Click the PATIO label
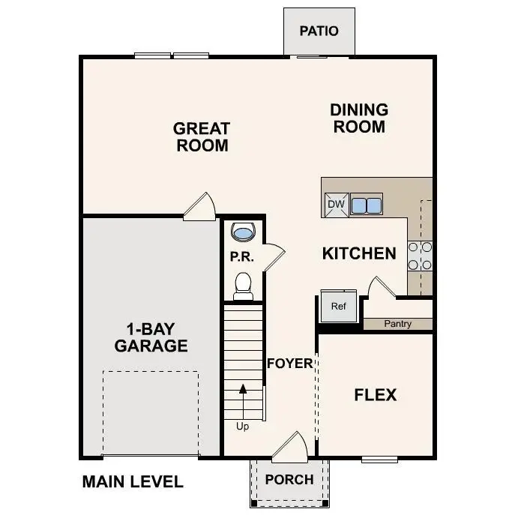pyautogui.click(x=319, y=31)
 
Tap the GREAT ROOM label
pyautogui.click(x=202, y=136)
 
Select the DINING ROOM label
pyautogui.click(x=359, y=118)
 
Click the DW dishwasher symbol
pyautogui.click(x=334, y=204)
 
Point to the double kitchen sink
pyautogui.click(x=366, y=204)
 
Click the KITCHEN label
pyautogui.click(x=359, y=253)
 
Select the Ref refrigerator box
pyautogui.click(x=339, y=306)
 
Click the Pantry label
pyautogui.click(x=397, y=324)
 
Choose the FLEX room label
pyautogui.click(x=375, y=395)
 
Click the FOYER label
pyautogui.click(x=290, y=364)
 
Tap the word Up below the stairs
pyautogui.click(x=243, y=427)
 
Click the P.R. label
pyautogui.click(x=242, y=257)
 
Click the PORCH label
pyautogui.click(x=289, y=479)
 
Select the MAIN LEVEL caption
pyautogui.click(x=132, y=482)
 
